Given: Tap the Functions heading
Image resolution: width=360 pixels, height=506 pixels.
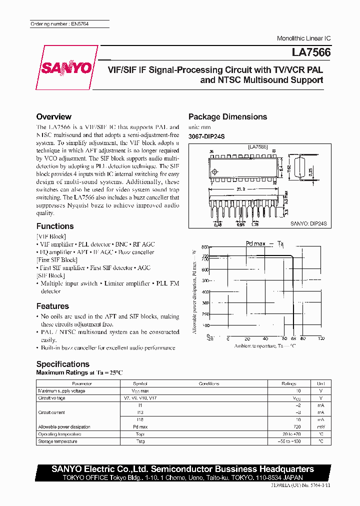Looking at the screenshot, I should pyautogui.click(x=55, y=226).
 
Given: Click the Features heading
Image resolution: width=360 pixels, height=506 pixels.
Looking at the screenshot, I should pyautogui.click(x=52, y=306).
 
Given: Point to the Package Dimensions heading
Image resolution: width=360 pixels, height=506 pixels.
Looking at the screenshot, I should pyautogui.click(x=227, y=116).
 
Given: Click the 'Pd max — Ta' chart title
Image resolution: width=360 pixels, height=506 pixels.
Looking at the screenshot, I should pyautogui.click(x=265, y=243).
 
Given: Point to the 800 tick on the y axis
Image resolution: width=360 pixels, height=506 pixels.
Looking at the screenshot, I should pyautogui.click(x=205, y=247).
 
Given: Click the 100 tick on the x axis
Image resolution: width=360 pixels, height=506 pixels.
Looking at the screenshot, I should pyautogui.click(x=320, y=338).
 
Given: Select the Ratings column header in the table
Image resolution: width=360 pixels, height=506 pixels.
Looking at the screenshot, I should pyautogui.click(x=289, y=383).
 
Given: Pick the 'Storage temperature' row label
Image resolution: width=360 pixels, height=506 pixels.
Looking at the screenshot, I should pyautogui.click(x=57, y=441).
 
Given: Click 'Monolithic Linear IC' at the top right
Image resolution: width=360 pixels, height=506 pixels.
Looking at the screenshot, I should pyautogui.click(x=303, y=38).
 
